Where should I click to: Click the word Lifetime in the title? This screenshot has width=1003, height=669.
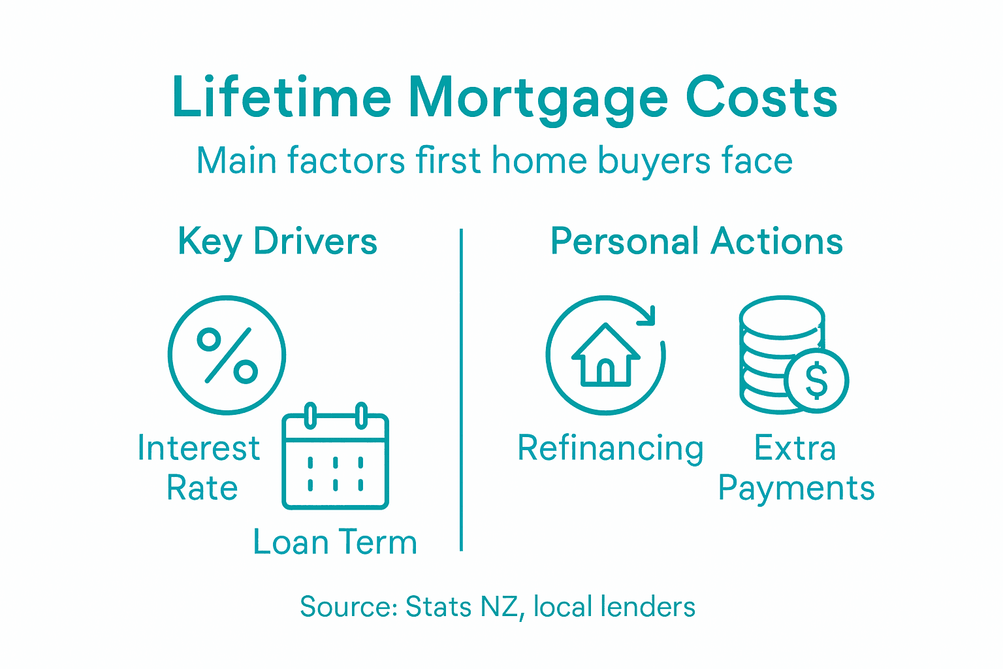[281, 98]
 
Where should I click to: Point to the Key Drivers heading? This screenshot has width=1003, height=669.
[278, 242]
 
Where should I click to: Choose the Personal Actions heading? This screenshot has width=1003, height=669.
[696, 241]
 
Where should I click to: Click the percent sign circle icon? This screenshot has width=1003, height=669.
[227, 355]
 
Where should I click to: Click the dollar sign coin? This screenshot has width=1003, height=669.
[816, 380]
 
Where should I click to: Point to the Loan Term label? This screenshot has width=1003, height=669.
[335, 542]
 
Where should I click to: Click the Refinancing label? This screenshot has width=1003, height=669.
[611, 449]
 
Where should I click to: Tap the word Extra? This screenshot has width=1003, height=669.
[795, 449]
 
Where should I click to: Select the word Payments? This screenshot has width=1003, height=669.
[796, 489]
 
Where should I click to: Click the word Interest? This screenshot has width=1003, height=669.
[199, 449]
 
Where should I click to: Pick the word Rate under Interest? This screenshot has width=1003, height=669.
[202, 488]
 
